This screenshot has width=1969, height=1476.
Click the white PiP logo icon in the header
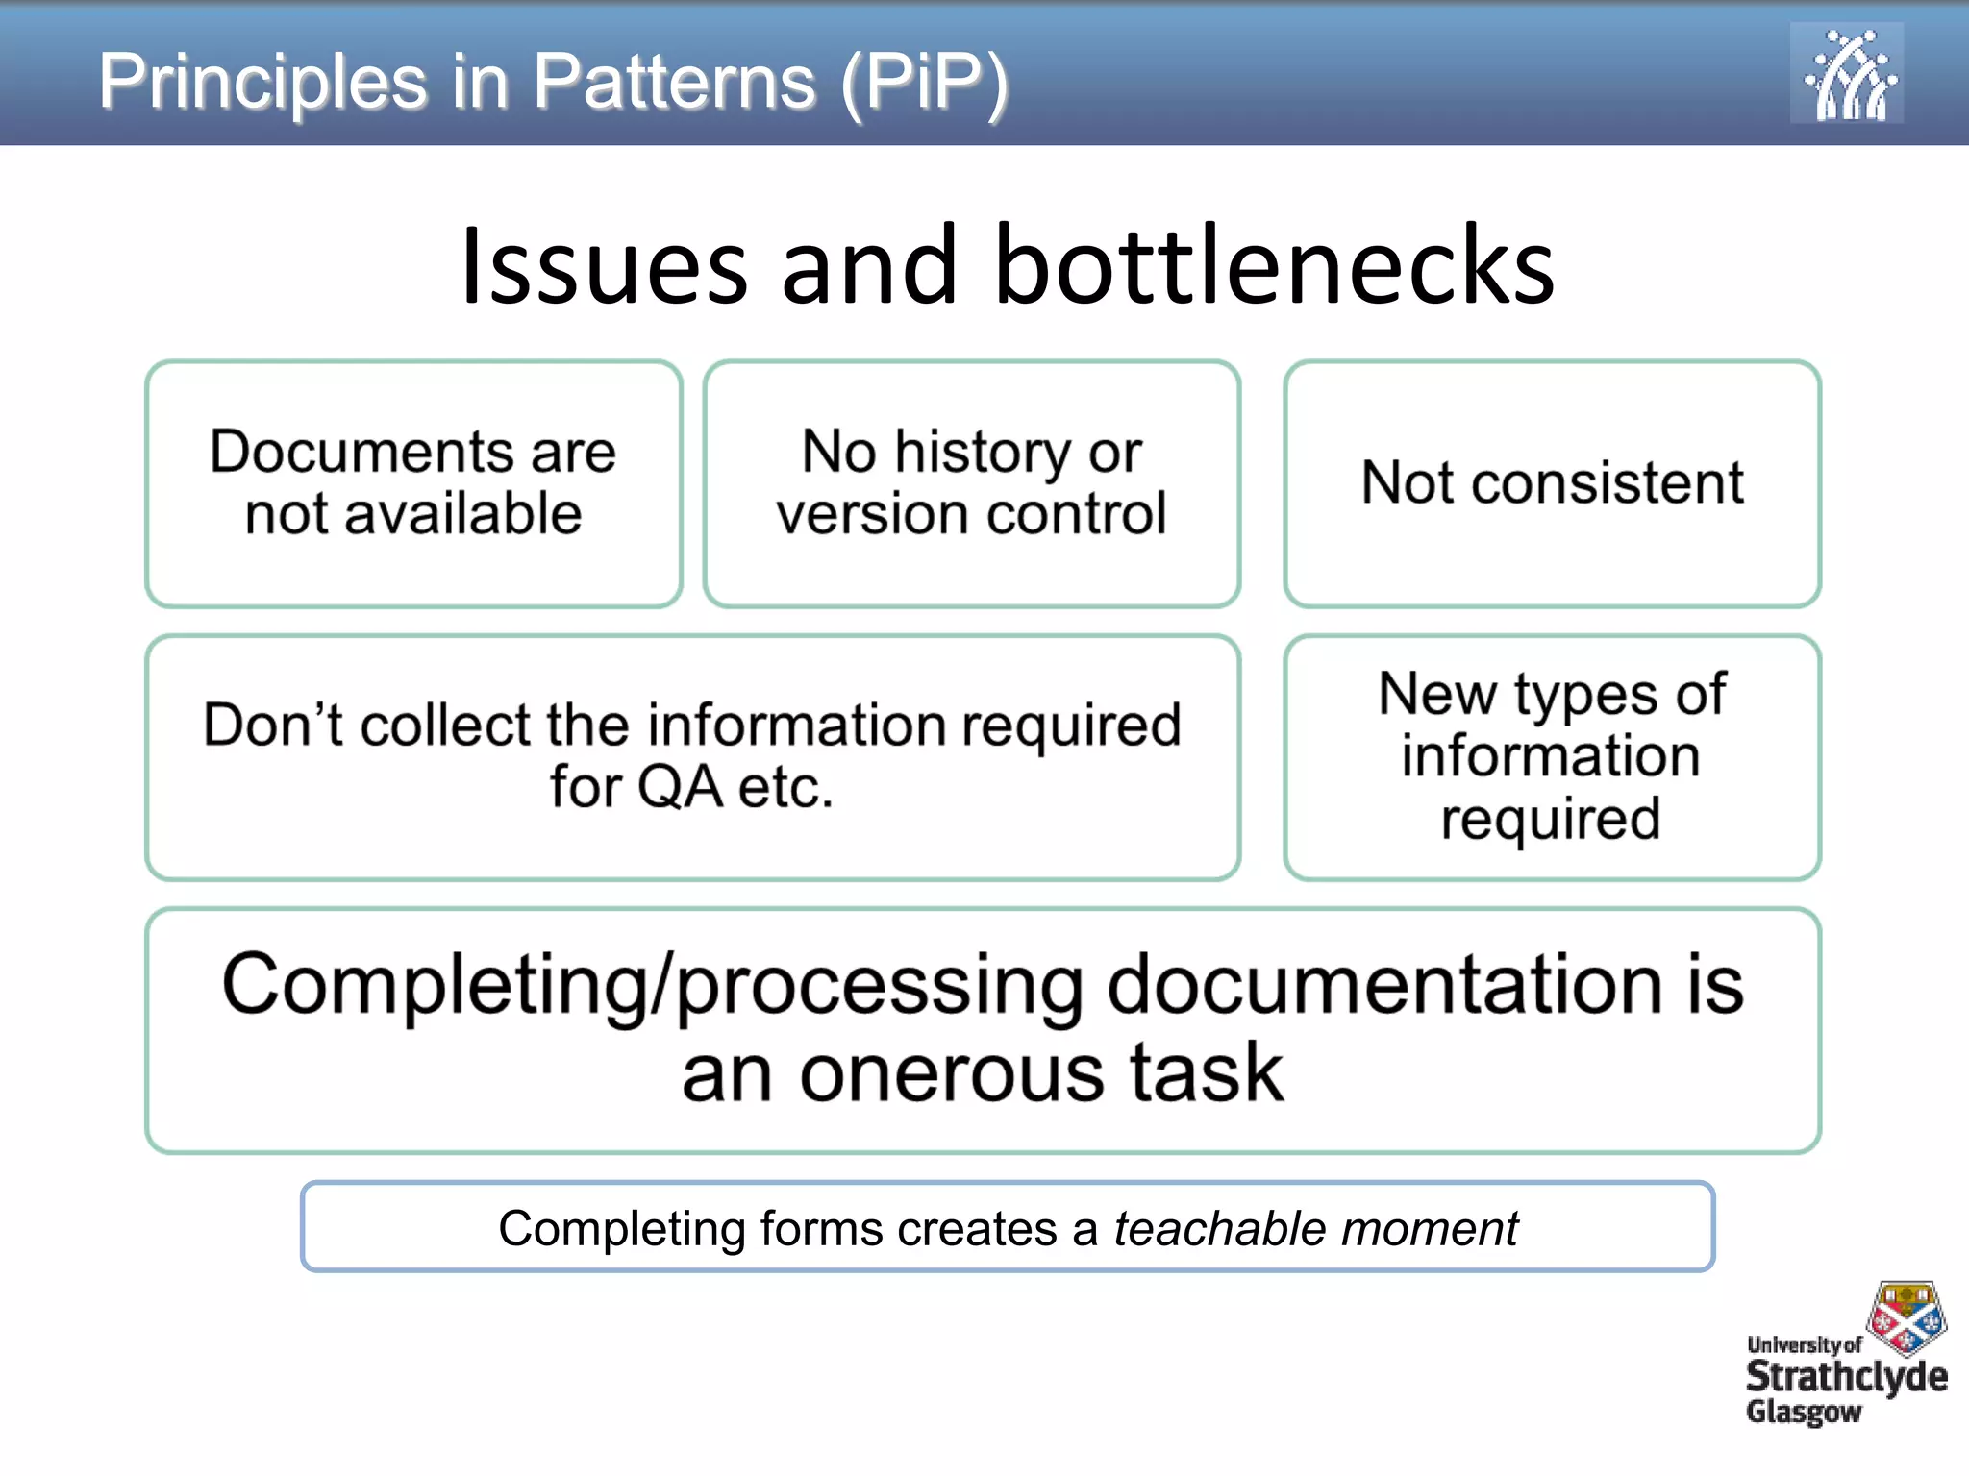coord(1846,74)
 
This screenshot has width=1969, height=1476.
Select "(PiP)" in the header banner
coord(924,83)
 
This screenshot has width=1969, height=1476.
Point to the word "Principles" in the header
coord(262,83)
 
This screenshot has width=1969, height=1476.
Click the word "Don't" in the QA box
coord(272,725)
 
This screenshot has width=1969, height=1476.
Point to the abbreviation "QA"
coord(680,788)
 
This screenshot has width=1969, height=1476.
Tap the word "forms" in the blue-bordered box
coord(821,1229)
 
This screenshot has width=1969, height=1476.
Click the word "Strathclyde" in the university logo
coord(1846,1377)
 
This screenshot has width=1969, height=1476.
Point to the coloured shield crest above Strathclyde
coord(1907,1316)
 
